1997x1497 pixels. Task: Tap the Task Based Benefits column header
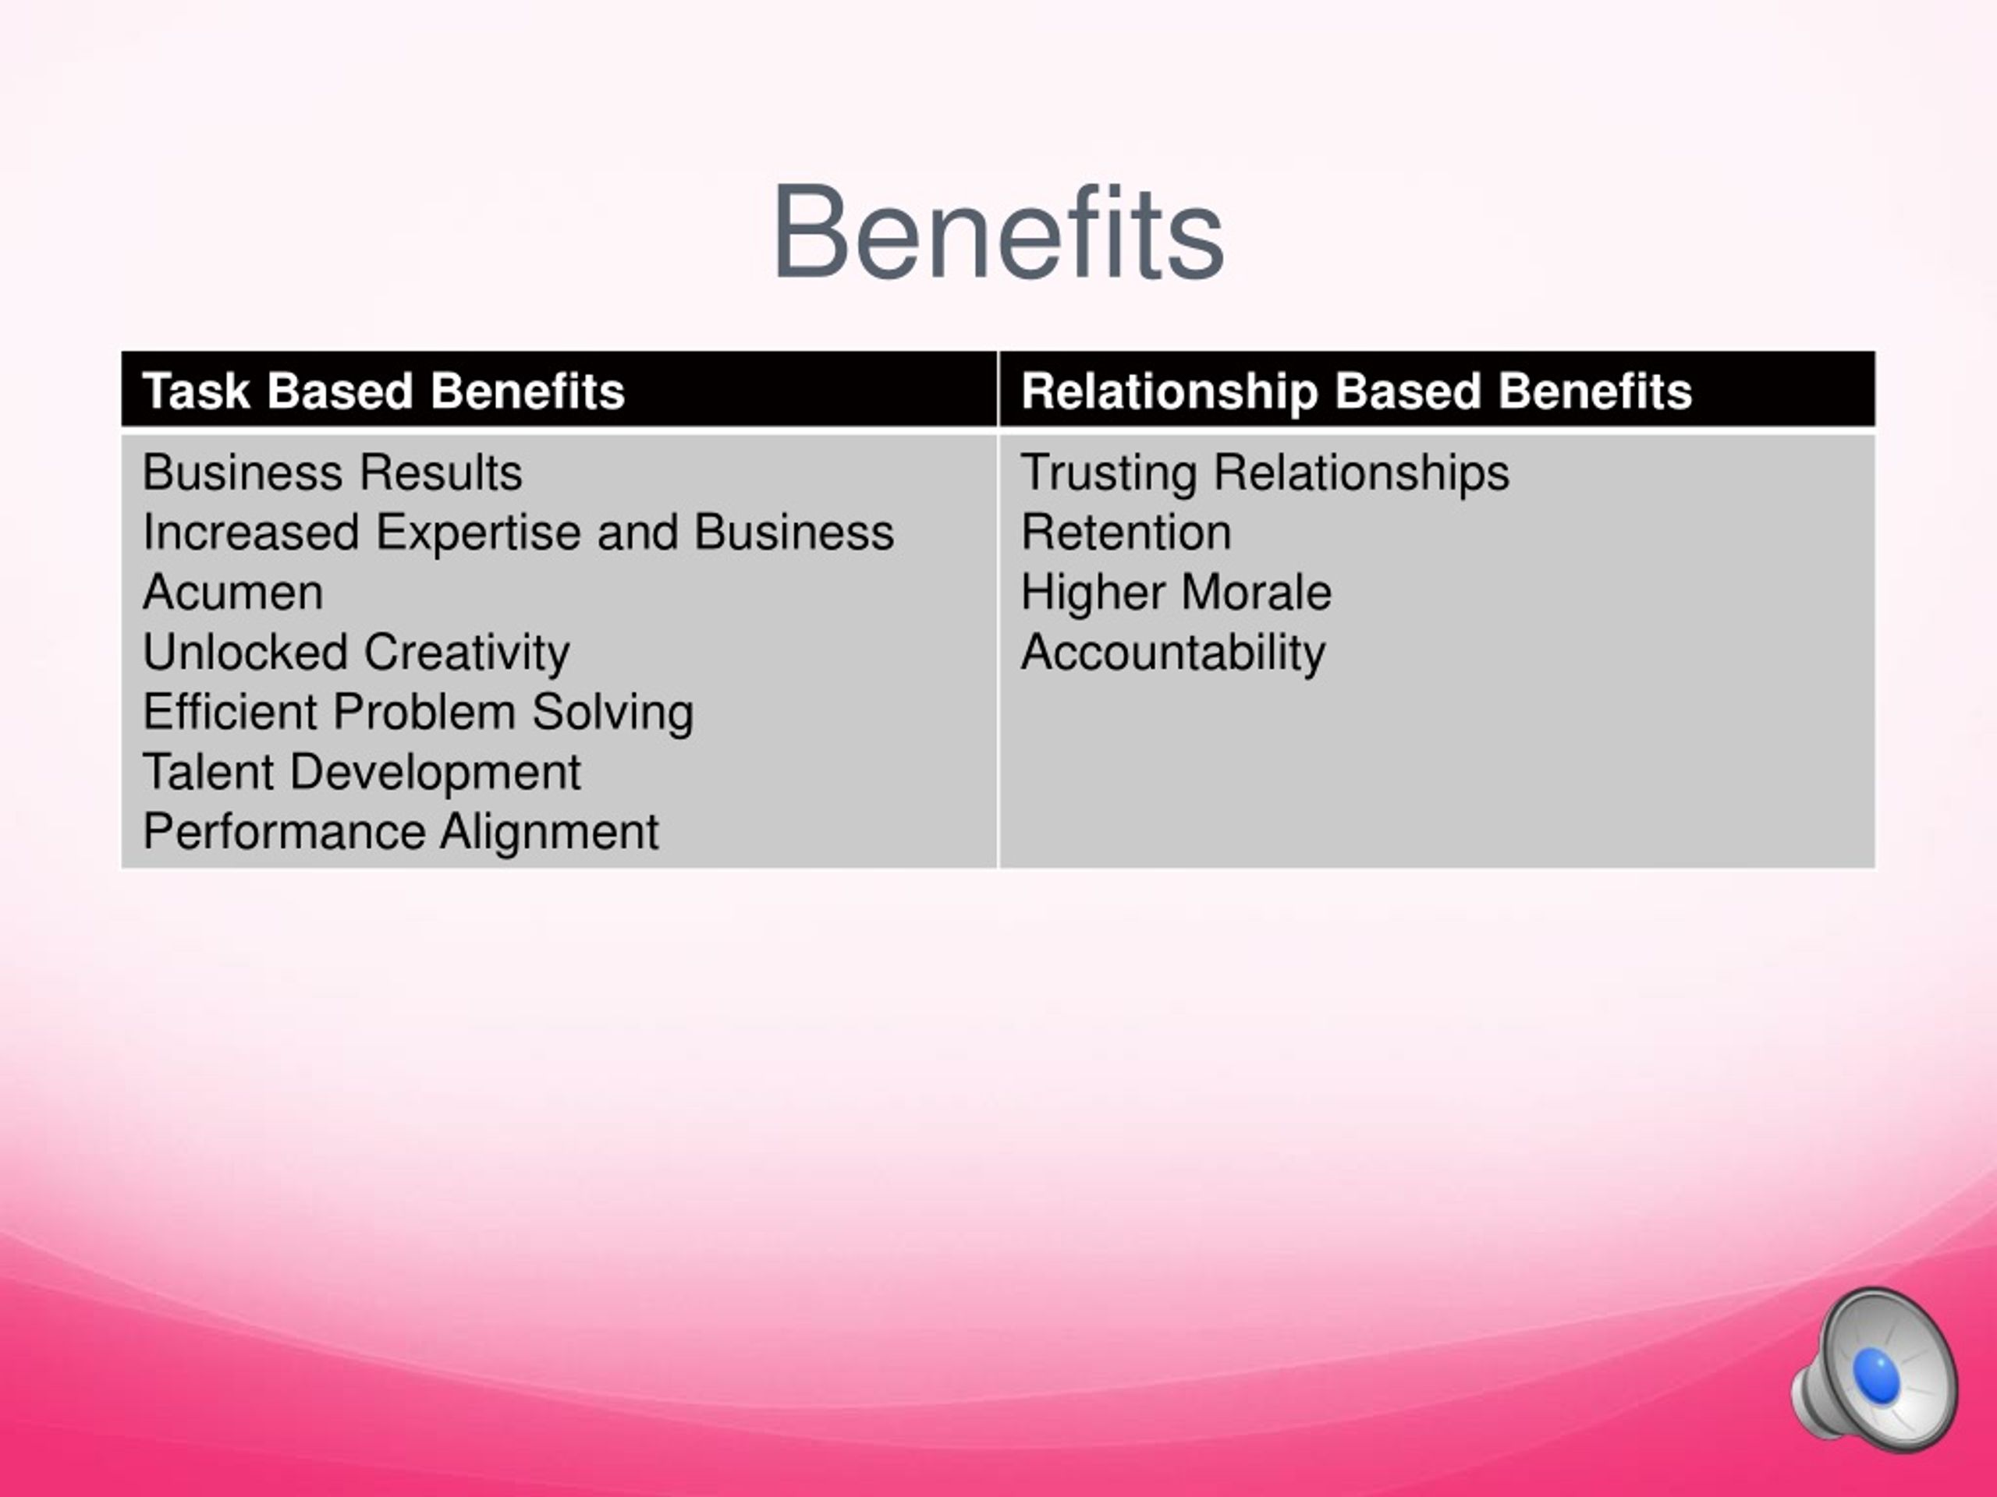pyautogui.click(x=384, y=391)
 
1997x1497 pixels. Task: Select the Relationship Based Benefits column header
pyautogui.click(x=1356, y=391)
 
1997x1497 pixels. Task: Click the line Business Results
pyautogui.click(x=332, y=472)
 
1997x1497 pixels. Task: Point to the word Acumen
pyautogui.click(x=233, y=592)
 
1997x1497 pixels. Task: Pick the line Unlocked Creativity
pyautogui.click(x=356, y=653)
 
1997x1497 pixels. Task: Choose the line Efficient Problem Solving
pyautogui.click(x=418, y=712)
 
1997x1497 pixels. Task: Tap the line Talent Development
pyautogui.click(x=362, y=772)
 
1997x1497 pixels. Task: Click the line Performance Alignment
pyautogui.click(x=401, y=831)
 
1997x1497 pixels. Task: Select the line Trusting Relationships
pyautogui.click(x=1265, y=472)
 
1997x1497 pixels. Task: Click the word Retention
pyautogui.click(x=1126, y=532)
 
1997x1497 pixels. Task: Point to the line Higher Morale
pyautogui.click(x=1176, y=593)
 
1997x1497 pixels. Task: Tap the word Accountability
pyautogui.click(x=1172, y=653)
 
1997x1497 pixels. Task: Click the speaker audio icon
pyautogui.click(x=1876, y=1370)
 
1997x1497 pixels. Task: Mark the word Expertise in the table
pyautogui.click(x=478, y=533)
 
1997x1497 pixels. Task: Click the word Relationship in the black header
pyautogui.click(x=1169, y=391)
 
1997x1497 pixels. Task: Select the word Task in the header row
pyautogui.click(x=196, y=391)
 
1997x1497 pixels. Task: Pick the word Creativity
pyautogui.click(x=466, y=653)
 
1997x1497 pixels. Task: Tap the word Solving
pyautogui.click(x=612, y=712)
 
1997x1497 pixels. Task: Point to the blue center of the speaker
pyautogui.click(x=1876, y=1375)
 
